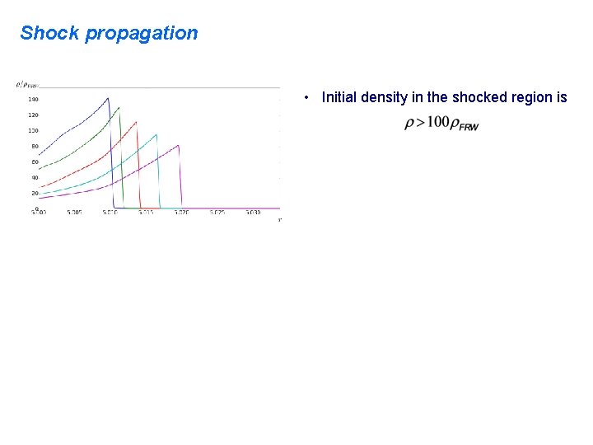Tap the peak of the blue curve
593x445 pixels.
[x=108, y=98]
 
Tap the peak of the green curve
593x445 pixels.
[x=119, y=107]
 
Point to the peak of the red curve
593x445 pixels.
[x=136, y=122]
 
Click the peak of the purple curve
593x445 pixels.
[x=179, y=145]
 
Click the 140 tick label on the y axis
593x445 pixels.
[x=33, y=99]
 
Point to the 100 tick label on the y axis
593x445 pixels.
[x=33, y=130]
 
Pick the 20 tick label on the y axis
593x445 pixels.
[x=35, y=193]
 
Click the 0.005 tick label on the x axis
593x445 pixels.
[x=75, y=213]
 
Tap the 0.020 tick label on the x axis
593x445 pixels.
[x=181, y=213]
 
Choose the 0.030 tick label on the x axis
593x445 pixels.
[x=252, y=213]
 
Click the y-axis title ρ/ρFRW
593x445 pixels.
[x=27, y=84]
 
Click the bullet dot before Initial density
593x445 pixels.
[x=306, y=98]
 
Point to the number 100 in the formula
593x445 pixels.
[x=438, y=123]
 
